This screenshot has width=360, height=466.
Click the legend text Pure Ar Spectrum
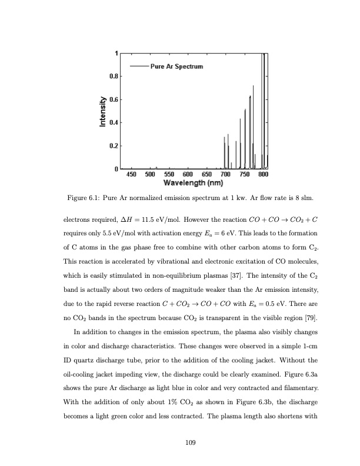point(177,66)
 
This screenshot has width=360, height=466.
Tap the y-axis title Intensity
point(104,111)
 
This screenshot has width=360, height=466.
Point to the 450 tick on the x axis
point(132,174)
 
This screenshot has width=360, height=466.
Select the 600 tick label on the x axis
point(188,174)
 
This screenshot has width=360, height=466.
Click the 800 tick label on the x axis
point(264,174)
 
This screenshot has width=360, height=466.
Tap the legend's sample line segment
point(139,66)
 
